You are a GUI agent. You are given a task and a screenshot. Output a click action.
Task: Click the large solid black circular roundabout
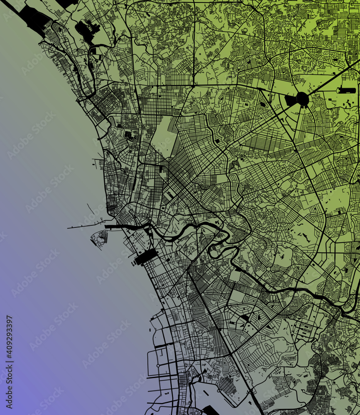coord(302,99)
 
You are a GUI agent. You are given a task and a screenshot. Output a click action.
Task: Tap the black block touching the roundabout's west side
coord(291,100)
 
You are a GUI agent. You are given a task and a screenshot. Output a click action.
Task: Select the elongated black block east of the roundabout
coord(347,90)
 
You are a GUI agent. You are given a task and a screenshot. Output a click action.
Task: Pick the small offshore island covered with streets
coord(100,239)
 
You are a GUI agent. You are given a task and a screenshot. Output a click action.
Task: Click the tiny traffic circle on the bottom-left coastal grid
coord(158,366)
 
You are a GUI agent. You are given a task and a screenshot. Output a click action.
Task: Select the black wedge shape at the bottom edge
coord(210,411)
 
